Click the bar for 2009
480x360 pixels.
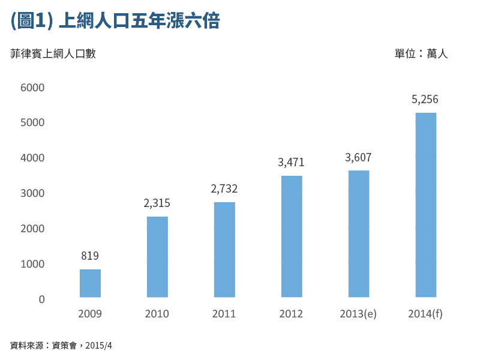click(90, 283)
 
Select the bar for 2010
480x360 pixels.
click(157, 257)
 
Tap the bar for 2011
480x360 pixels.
click(224, 250)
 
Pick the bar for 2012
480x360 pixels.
click(292, 236)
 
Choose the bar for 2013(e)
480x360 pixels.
click(359, 234)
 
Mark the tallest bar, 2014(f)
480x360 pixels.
click(426, 205)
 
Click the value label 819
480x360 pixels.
click(90, 256)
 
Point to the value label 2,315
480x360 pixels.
click(157, 203)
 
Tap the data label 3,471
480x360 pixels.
click(292, 162)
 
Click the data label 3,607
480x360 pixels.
click(358, 158)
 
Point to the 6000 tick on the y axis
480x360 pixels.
click(33, 88)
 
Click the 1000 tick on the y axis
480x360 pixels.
click(33, 264)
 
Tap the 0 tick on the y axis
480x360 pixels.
click(41, 299)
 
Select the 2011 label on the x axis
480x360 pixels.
click(224, 314)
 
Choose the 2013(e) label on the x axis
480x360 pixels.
click(358, 314)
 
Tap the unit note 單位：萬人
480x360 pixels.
click(421, 54)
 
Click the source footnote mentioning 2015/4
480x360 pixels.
click(61, 346)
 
